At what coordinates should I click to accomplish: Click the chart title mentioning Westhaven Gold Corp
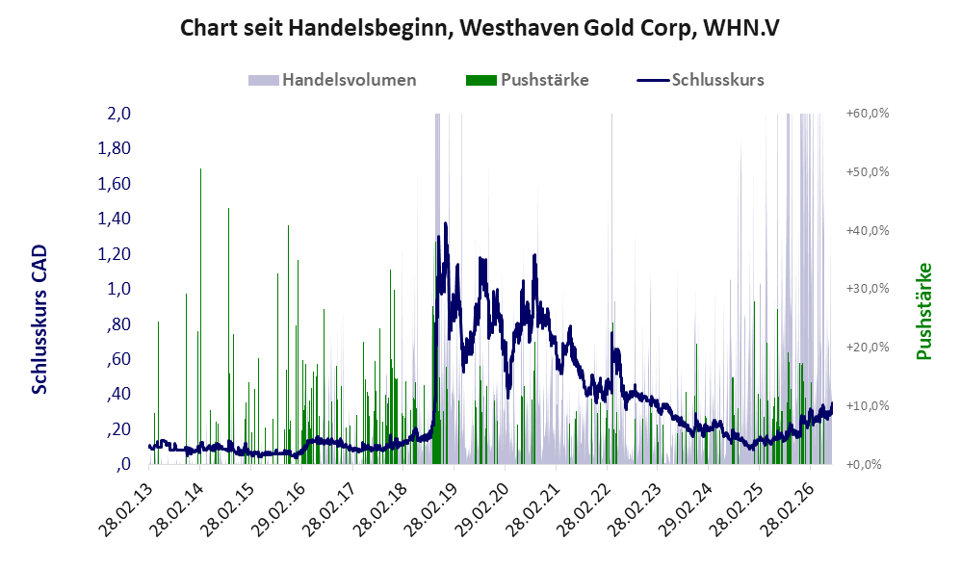480,28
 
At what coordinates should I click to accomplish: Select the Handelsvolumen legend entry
332,80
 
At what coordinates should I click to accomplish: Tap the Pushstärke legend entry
527,80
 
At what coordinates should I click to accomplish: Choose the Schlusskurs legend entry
700,80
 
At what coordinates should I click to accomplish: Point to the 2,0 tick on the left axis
118,114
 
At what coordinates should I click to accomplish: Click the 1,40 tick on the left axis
114,219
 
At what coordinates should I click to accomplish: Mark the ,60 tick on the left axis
118,358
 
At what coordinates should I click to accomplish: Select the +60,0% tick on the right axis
868,114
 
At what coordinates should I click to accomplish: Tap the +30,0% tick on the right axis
868,289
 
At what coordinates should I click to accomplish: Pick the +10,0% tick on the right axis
868,405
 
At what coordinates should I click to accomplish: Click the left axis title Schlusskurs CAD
39,320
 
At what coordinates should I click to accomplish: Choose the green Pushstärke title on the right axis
923,311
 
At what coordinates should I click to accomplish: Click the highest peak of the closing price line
445,223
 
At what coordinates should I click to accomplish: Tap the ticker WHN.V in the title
741,28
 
